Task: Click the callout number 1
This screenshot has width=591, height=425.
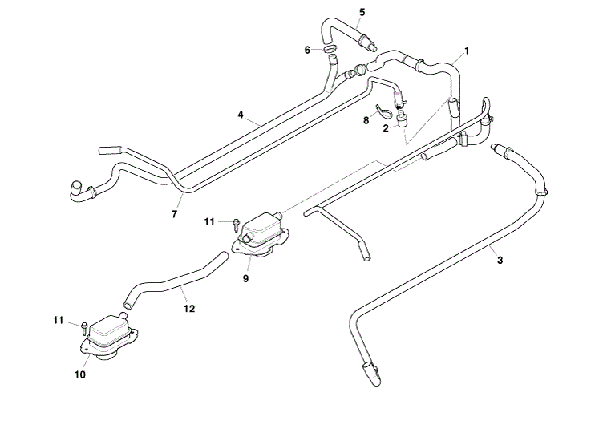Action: pyautogui.click(x=467, y=51)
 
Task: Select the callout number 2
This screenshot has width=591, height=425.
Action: pyautogui.click(x=386, y=128)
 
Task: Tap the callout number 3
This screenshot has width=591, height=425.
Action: pyautogui.click(x=500, y=260)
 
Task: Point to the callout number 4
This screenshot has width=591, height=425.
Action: pyautogui.click(x=241, y=115)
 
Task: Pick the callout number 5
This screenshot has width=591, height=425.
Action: pyautogui.click(x=362, y=13)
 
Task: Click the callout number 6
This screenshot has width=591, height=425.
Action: pyautogui.click(x=307, y=50)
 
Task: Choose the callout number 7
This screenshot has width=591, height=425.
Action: pyautogui.click(x=174, y=214)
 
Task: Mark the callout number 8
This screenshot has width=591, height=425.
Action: pyautogui.click(x=366, y=121)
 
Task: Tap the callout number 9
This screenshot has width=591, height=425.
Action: pyautogui.click(x=245, y=279)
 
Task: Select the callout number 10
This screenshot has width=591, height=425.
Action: pyautogui.click(x=80, y=375)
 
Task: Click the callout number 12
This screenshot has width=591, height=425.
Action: pyautogui.click(x=189, y=309)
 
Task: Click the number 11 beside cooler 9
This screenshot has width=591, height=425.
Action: pyautogui.click(x=209, y=222)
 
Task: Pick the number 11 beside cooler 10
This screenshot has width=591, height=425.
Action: pyautogui.click(x=58, y=320)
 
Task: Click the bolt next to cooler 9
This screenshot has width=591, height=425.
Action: pyautogui.click(x=236, y=225)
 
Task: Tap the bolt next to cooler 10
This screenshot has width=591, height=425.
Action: pyautogui.click(x=84, y=328)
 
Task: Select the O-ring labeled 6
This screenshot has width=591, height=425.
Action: pyautogui.click(x=330, y=49)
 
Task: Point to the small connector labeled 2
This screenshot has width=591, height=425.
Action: pyautogui.click(x=403, y=117)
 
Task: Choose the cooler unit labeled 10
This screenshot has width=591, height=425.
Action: pyautogui.click(x=108, y=335)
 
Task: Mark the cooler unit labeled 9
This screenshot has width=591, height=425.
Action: pyautogui.click(x=261, y=236)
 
